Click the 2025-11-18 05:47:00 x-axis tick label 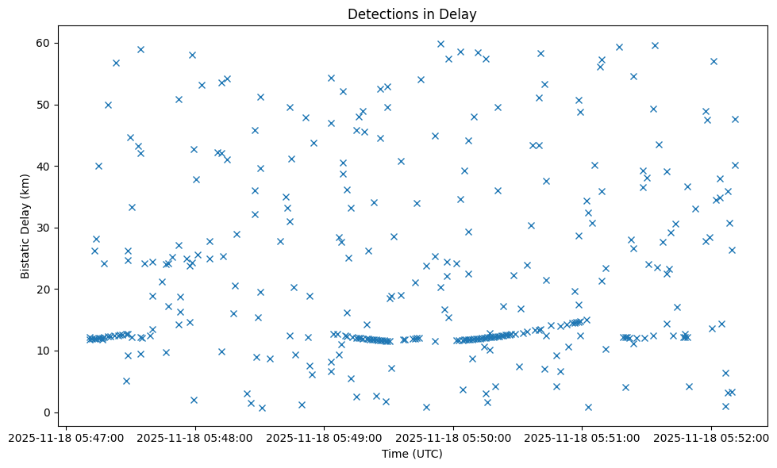(67, 438)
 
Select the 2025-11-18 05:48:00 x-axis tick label (195, 438)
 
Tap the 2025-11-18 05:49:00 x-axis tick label (324, 438)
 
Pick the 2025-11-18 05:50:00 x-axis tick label (453, 438)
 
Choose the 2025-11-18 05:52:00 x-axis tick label (711, 438)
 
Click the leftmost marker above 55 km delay (116, 63)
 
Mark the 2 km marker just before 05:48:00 (194, 400)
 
